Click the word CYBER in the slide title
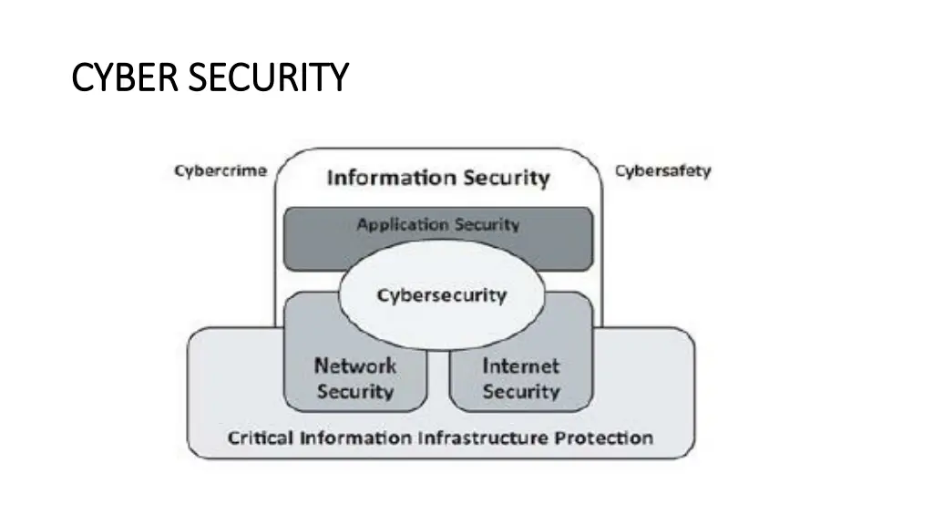[x=118, y=77]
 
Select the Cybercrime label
[x=220, y=171]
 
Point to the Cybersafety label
[x=662, y=171]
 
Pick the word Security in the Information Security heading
[x=506, y=177]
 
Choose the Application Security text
[x=438, y=224]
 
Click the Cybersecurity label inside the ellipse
[x=442, y=295]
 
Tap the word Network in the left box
[x=355, y=365]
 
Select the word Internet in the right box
[x=521, y=365]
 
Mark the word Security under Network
[x=355, y=392]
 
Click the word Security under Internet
[x=521, y=392]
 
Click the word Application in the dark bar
[x=403, y=224]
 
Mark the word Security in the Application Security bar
[x=487, y=224]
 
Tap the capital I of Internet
[x=486, y=365]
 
